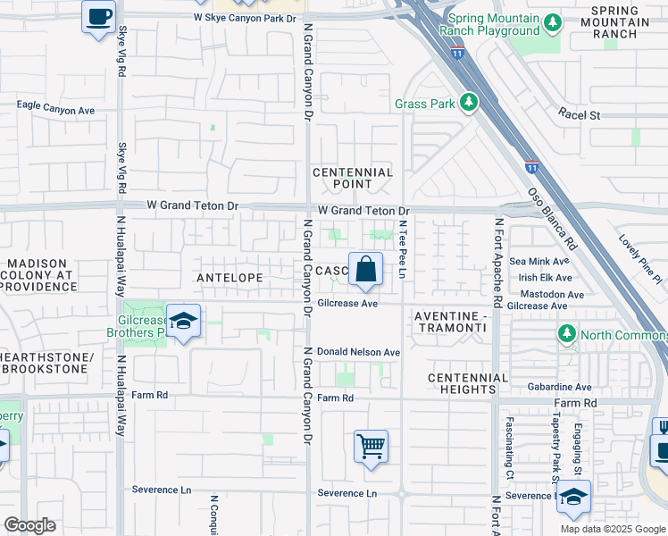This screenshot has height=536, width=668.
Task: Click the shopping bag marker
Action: [x=366, y=269]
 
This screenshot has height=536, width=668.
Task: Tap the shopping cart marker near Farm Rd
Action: [x=371, y=445]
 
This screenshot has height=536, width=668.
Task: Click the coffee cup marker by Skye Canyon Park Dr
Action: [x=98, y=15]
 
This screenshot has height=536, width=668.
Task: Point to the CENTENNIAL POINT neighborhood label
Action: [x=352, y=178]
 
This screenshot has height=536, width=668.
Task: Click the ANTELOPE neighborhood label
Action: [x=230, y=278]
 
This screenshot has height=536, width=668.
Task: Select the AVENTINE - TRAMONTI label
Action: [x=450, y=322]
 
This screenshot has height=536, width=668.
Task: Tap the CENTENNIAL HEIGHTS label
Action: [x=467, y=383]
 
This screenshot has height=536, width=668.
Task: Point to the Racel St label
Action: [x=580, y=114]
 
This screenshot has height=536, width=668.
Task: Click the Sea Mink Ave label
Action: [x=539, y=262]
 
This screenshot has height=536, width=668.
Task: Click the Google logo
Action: [x=29, y=524]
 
